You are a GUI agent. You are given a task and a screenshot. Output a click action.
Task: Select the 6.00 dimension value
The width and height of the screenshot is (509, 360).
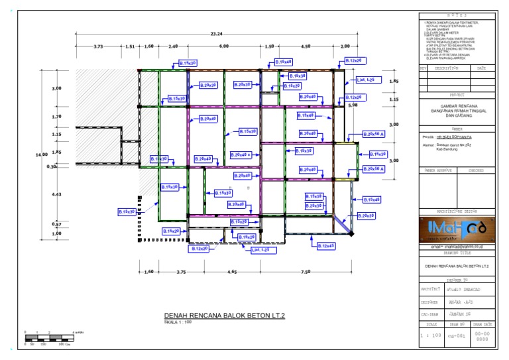click(x=224, y=47)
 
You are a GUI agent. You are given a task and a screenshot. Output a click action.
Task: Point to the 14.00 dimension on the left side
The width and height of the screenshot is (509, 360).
click(x=42, y=154)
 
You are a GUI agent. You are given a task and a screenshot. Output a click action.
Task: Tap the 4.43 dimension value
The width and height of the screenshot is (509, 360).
click(x=56, y=194)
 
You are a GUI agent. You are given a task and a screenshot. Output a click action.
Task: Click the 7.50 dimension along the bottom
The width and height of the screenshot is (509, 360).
click(x=306, y=272)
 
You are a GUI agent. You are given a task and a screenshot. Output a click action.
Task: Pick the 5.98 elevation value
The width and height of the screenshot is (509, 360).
click(x=353, y=105)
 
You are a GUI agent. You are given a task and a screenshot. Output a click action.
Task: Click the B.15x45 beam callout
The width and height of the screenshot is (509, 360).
click(x=371, y=200)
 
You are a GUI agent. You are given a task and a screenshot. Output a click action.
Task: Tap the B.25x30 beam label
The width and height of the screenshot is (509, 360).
click(x=314, y=206)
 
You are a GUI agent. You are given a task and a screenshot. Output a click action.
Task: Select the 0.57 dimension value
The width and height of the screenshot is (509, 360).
click(x=56, y=224)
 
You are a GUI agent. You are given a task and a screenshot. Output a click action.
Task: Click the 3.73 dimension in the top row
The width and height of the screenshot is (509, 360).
click(x=98, y=47)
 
